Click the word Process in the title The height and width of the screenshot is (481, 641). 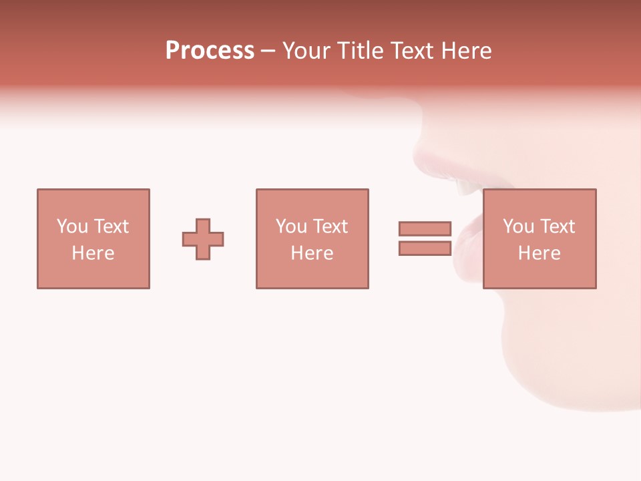pyautogui.click(x=210, y=51)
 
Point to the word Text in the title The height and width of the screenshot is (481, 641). pyautogui.click(x=414, y=51)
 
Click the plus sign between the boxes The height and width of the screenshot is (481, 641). pyautogui.click(x=203, y=239)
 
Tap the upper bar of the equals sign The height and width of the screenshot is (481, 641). pyautogui.click(x=425, y=228)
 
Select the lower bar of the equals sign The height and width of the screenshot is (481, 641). pyautogui.click(x=425, y=249)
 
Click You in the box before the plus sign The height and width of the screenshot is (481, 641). pyautogui.click(x=72, y=226)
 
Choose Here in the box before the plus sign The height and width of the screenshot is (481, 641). pyautogui.click(x=93, y=253)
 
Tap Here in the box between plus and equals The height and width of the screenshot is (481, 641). pyautogui.click(x=312, y=253)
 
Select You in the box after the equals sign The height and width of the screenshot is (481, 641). pyautogui.click(x=518, y=226)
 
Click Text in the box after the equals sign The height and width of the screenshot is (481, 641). pyautogui.click(x=556, y=226)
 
